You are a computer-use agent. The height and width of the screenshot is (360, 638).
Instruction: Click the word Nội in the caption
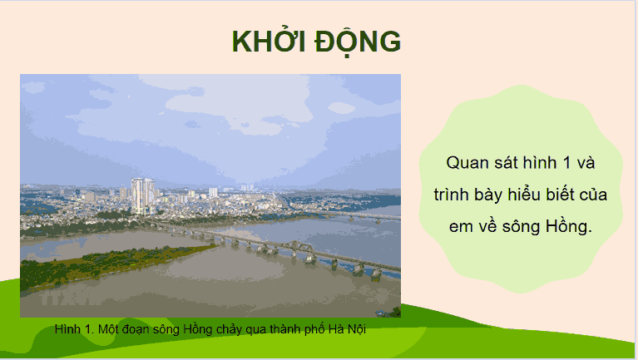(355, 329)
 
